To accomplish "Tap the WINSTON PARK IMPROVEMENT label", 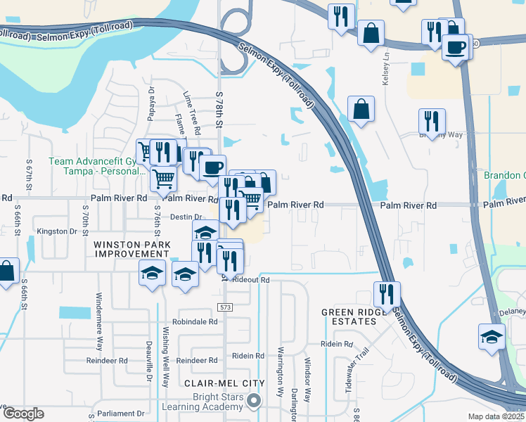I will tap(132, 248).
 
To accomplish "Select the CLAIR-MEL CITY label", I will tap(224, 383).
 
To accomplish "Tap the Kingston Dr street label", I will tap(57, 231).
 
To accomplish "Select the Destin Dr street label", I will tap(186, 217).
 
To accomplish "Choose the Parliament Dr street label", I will tap(124, 413).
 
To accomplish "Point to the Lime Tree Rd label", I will tap(191, 113).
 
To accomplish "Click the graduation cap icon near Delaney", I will tap(492, 335).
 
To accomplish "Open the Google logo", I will tap(23, 414).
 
